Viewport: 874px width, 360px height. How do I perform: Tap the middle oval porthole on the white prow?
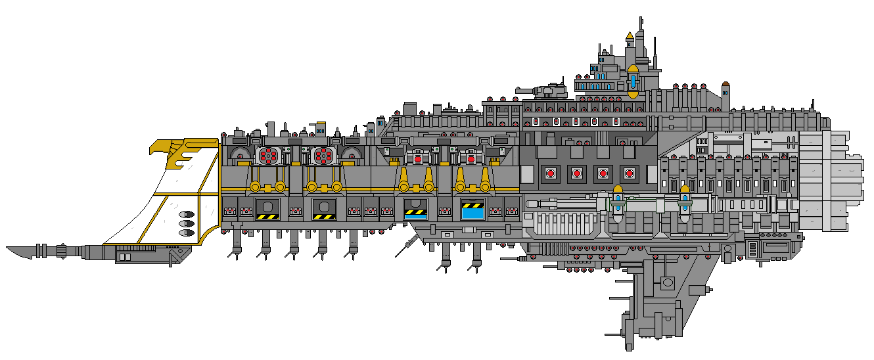pyautogui.click(x=187, y=223)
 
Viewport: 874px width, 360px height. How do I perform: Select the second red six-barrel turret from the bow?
pyautogui.click(x=322, y=156)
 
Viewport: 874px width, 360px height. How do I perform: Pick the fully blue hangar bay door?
pyautogui.click(x=472, y=209)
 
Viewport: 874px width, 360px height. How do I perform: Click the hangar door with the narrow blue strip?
pyautogui.click(x=416, y=209)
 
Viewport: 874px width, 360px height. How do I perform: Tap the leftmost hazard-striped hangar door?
pyautogui.click(x=268, y=209)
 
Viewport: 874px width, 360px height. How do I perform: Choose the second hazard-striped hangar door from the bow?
pyautogui.click(x=325, y=209)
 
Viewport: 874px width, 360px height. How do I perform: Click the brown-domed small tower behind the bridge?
pyautogui.click(x=725, y=85)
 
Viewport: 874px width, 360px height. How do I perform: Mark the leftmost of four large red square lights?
pyautogui.click(x=550, y=173)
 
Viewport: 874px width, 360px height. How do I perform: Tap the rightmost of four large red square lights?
pyautogui.click(x=630, y=173)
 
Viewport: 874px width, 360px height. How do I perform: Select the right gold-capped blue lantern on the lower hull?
pyautogui.click(x=685, y=200)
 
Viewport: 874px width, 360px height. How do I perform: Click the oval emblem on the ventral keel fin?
pyautogui.click(x=668, y=282)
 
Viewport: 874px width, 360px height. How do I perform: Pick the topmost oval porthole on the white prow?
pyautogui.click(x=187, y=215)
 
